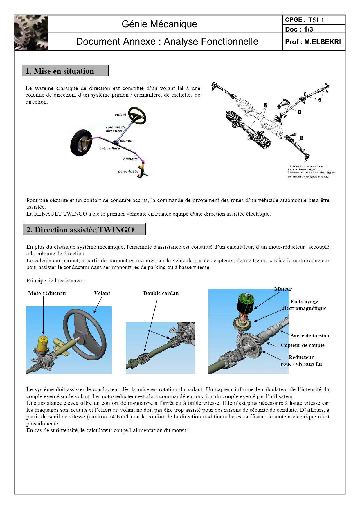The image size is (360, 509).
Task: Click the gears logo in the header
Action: pos(31,33)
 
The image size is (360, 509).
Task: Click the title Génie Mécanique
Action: pos(159,24)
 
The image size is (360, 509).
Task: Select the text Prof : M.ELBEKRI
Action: pos(313,42)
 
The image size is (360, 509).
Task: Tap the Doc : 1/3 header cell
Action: pos(299,29)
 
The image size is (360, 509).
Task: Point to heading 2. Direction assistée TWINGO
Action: pos(84,230)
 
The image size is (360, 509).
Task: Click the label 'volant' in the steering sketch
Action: pos(120,115)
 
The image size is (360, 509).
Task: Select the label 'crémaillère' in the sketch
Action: pos(109,148)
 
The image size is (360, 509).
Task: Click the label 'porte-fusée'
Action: pos(128,172)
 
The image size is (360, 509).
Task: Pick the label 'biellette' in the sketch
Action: pos(130,159)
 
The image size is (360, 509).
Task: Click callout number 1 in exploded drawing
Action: pos(299,112)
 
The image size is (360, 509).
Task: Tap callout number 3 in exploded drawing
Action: pos(302,138)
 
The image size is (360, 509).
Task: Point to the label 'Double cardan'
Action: pos(161,293)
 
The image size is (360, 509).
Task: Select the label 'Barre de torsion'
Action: pos(309,336)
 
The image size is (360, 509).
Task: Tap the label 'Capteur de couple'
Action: pos(302,345)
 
